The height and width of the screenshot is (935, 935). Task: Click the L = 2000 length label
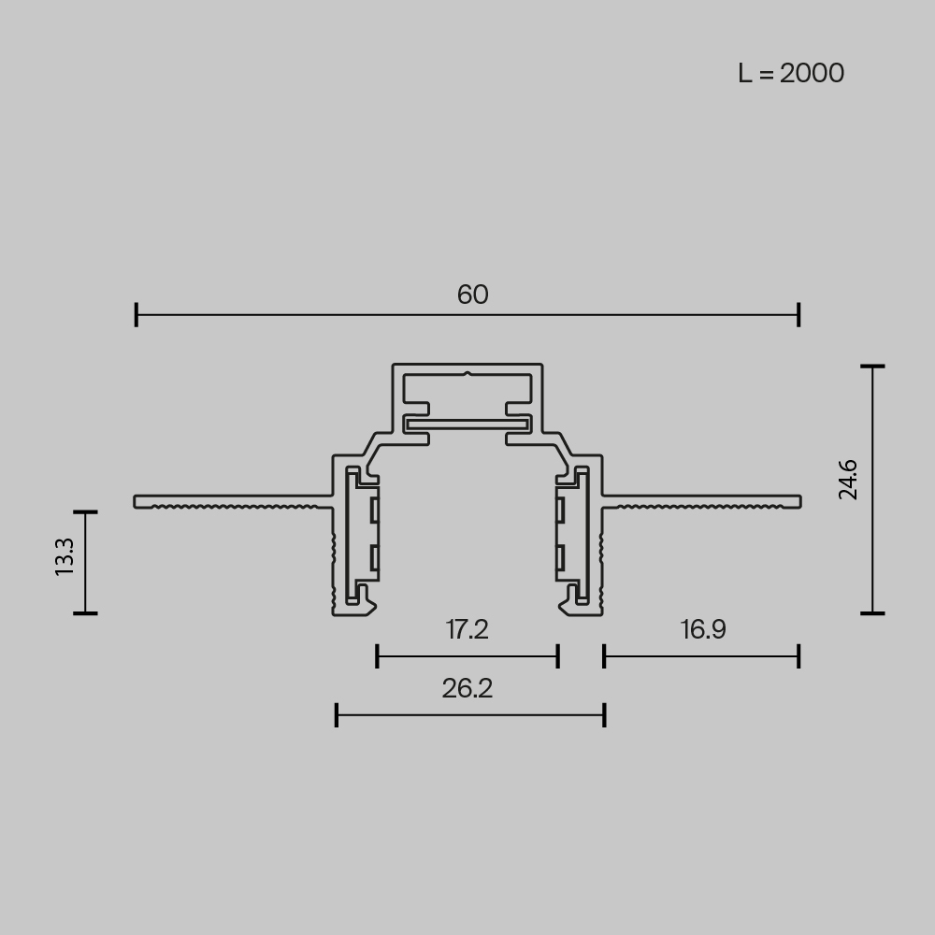pyautogui.click(x=791, y=73)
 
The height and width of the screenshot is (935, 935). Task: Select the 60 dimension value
pyautogui.click(x=472, y=295)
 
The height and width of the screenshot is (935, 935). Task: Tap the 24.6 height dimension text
pyautogui.click(x=848, y=480)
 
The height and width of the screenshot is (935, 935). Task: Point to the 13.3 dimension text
pyautogui.click(x=64, y=557)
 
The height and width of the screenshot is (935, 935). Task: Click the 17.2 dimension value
pyautogui.click(x=467, y=629)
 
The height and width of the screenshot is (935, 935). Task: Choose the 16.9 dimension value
pyautogui.click(x=703, y=629)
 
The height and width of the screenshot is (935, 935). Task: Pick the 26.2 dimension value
pyautogui.click(x=467, y=689)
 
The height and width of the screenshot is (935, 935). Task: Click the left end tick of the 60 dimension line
pyautogui.click(x=137, y=315)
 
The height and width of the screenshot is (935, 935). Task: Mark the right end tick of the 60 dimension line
pyautogui.click(x=798, y=315)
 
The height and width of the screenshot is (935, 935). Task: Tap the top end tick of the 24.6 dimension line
pyautogui.click(x=872, y=367)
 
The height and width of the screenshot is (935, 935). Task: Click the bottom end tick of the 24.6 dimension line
pyautogui.click(x=872, y=613)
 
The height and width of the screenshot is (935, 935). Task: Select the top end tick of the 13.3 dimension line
pyautogui.click(x=85, y=512)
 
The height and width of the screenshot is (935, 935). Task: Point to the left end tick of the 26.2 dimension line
pyautogui.click(x=337, y=716)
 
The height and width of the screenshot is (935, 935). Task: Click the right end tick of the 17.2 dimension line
pyautogui.click(x=558, y=656)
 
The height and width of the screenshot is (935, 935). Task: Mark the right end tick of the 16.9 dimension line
pyautogui.click(x=798, y=656)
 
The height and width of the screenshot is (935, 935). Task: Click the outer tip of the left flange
pyautogui.click(x=137, y=502)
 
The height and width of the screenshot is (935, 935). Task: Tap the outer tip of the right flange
pyautogui.click(x=799, y=502)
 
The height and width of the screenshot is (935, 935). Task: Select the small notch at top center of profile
pyautogui.click(x=467, y=376)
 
